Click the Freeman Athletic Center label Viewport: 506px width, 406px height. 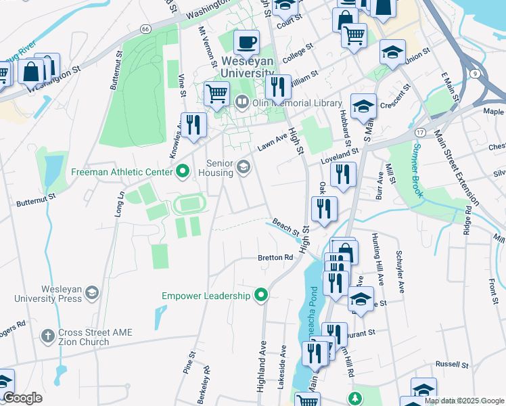(x=122, y=172)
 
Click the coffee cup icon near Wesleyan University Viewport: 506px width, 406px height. (x=247, y=43)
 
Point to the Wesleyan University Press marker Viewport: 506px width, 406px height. (x=91, y=292)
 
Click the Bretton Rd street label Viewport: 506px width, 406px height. (x=275, y=258)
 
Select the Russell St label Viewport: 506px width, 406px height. (x=452, y=365)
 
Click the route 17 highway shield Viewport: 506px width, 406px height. (x=421, y=132)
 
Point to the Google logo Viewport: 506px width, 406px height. (x=22, y=398)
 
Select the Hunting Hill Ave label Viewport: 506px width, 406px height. (x=377, y=258)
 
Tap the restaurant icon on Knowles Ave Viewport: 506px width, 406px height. (x=193, y=125)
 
